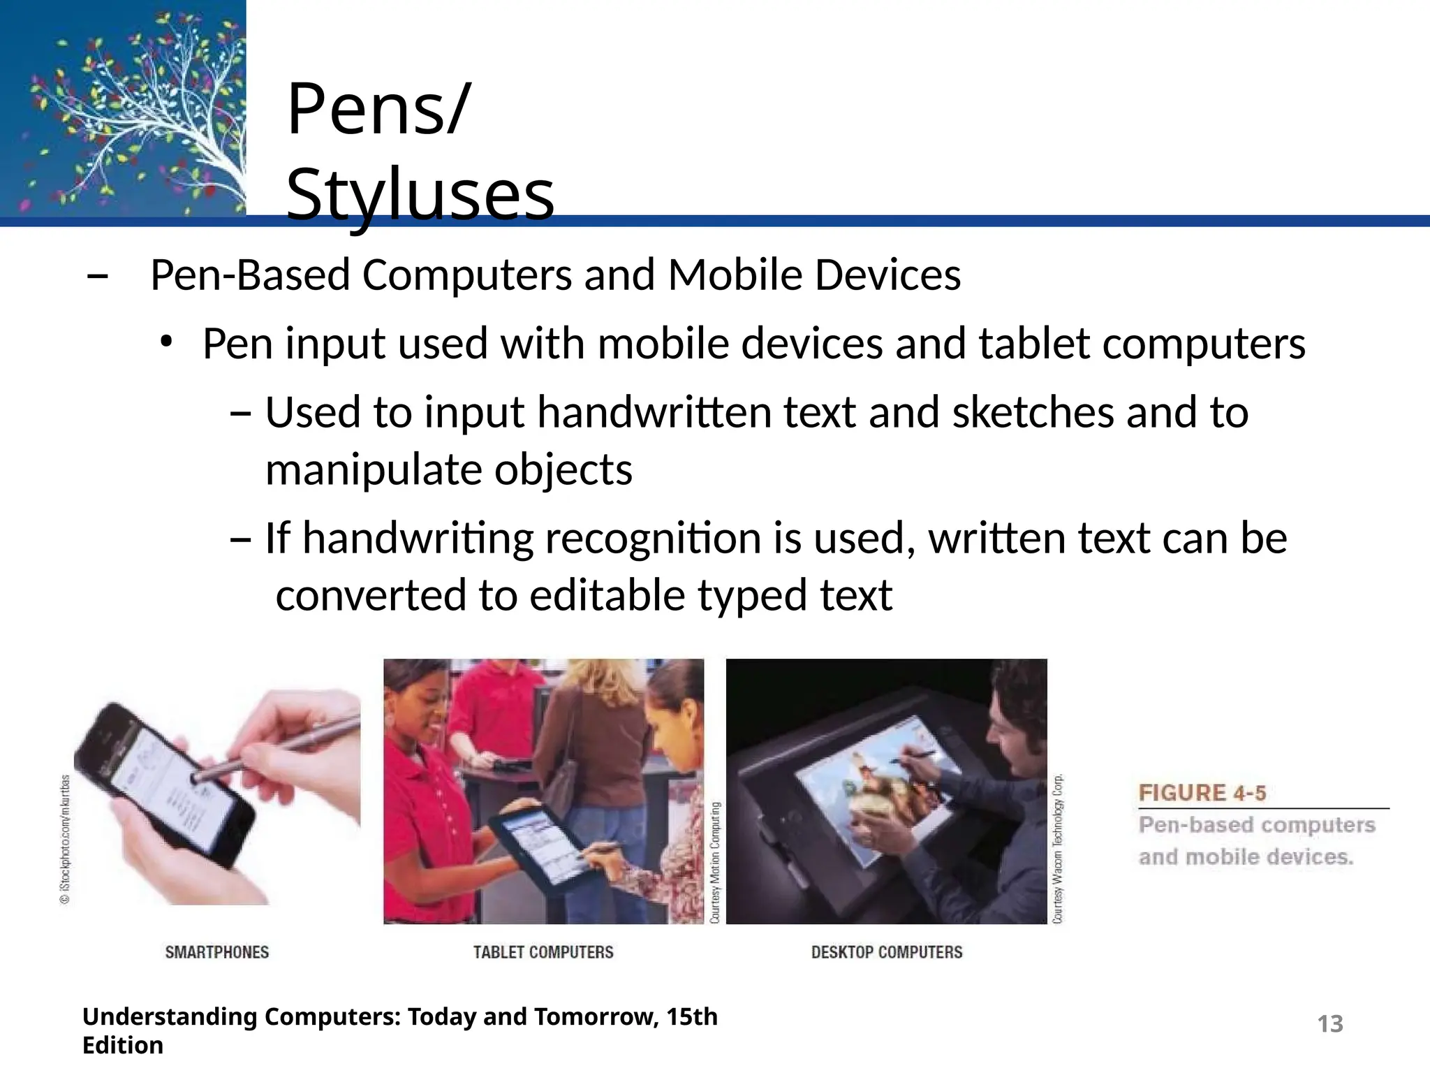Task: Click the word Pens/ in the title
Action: (378, 110)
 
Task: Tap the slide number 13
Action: (1329, 1024)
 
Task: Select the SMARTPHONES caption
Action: (216, 952)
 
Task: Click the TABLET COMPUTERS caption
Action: (543, 952)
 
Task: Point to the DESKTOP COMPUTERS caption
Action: (886, 952)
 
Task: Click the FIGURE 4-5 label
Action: (1202, 793)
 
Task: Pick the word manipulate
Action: (374, 469)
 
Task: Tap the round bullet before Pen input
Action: (165, 342)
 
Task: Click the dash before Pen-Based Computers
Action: (97, 277)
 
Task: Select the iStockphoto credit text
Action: (65, 839)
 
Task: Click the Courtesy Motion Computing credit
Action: (715, 862)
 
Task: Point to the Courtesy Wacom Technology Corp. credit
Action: (1058, 848)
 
